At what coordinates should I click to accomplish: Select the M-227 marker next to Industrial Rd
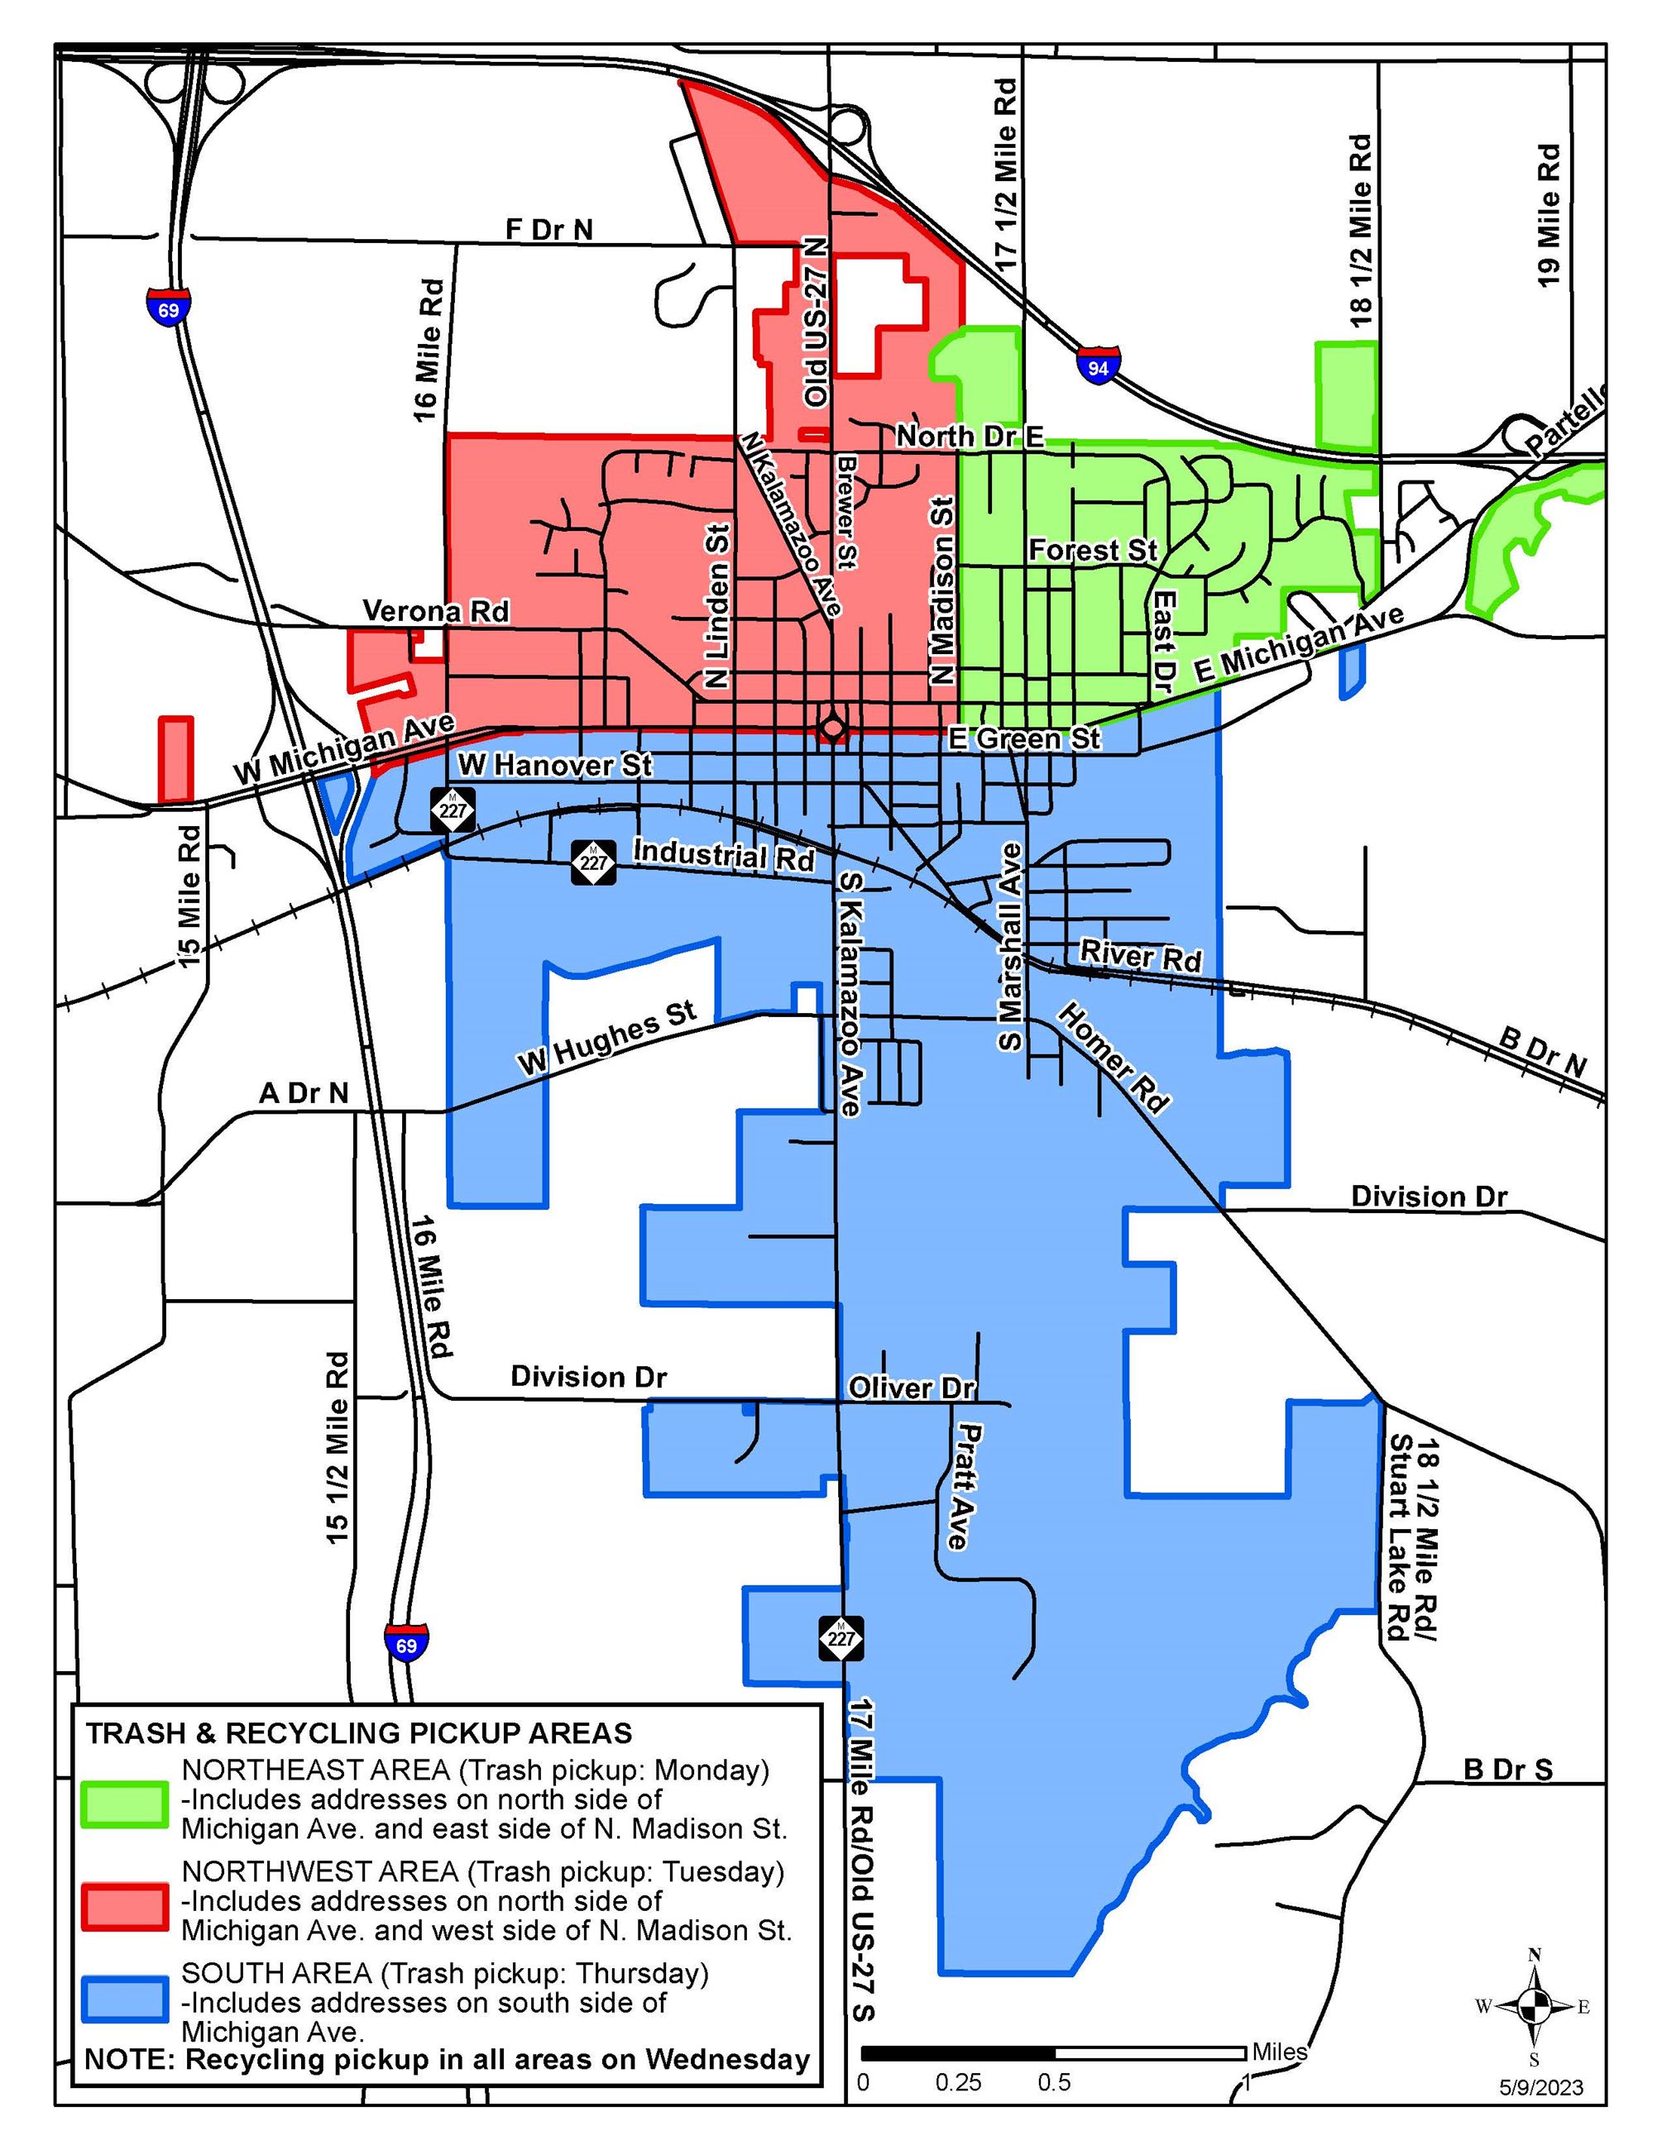(x=595, y=862)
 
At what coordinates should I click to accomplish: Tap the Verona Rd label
(x=436, y=611)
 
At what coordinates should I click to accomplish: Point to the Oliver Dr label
(x=912, y=1388)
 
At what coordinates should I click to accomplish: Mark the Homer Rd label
(x=1114, y=1058)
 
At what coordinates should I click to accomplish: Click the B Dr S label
(x=1507, y=1769)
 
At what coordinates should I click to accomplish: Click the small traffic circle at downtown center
(x=833, y=729)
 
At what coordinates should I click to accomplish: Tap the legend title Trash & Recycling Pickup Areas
(x=358, y=1733)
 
